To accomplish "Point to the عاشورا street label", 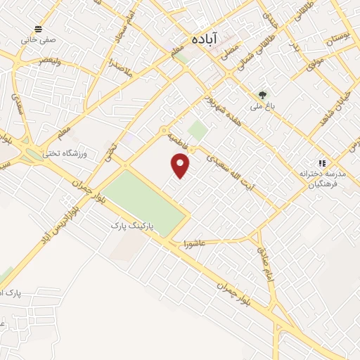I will coord(193,244).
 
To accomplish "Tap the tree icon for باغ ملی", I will coord(262,94).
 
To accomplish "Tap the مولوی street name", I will coord(316,67).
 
